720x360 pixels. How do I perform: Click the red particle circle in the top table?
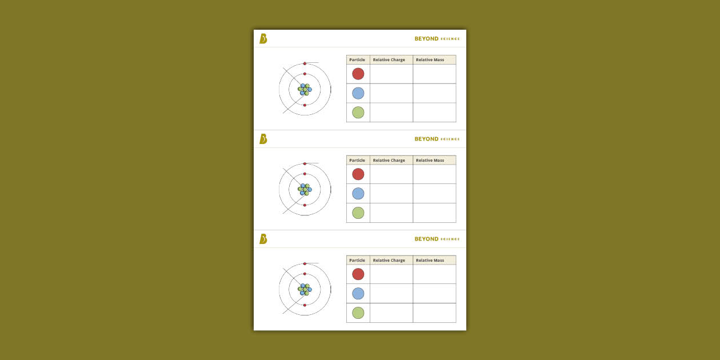[358, 74]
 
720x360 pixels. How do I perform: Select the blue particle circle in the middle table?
[358, 194]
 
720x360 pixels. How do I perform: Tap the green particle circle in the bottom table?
[358, 313]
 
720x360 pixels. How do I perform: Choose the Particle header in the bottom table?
[357, 261]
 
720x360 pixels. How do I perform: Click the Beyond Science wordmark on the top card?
[437, 39]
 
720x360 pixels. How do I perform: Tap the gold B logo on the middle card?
[263, 139]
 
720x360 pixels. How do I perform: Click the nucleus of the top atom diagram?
[305, 90]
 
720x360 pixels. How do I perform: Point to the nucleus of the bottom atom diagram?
[305, 290]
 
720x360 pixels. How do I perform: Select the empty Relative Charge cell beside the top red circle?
[391, 74]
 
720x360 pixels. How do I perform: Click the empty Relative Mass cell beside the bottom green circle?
[434, 313]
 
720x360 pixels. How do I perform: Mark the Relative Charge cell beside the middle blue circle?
[391, 194]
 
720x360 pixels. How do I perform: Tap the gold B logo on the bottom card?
[263, 239]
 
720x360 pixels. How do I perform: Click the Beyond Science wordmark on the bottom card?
[437, 239]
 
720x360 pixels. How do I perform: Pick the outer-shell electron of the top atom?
[305, 63]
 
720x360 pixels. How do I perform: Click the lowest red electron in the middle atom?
[305, 205]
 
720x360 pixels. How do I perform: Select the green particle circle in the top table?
[358, 113]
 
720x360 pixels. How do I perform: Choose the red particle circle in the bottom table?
[358, 274]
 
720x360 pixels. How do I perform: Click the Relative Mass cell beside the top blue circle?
[434, 93]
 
